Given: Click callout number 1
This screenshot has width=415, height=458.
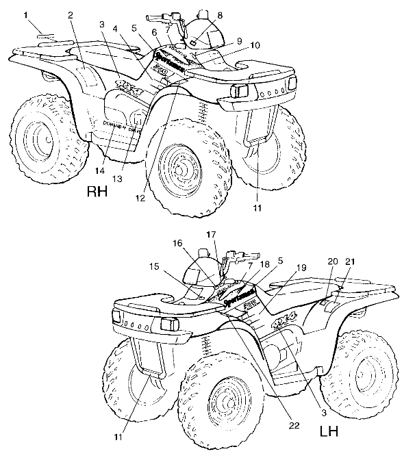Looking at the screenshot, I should click(26, 14).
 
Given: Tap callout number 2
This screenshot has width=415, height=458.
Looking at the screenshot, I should click(71, 14).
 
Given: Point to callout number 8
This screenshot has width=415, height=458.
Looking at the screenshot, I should click(220, 14).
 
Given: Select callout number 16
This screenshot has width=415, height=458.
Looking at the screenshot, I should click(177, 243).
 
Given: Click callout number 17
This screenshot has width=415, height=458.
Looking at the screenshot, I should click(211, 233).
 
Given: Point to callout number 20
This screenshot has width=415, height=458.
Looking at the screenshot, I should click(333, 262).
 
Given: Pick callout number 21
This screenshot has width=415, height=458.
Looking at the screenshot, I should click(351, 262).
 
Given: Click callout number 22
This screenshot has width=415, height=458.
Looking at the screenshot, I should click(294, 425).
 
